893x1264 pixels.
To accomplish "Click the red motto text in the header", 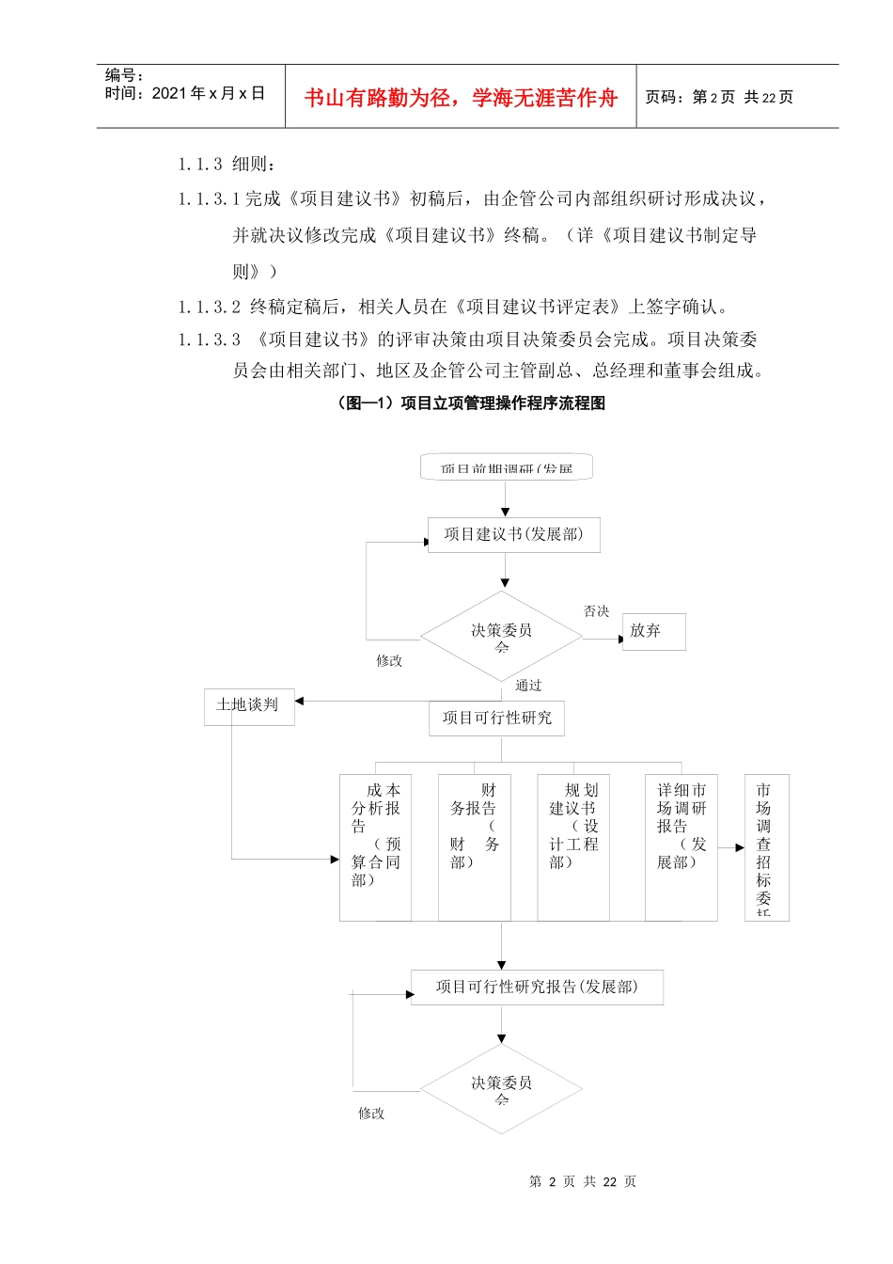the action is coord(461,98).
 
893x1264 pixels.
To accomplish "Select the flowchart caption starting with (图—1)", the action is coord(470,403).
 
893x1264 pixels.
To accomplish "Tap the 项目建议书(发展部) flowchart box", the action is coord(513,535).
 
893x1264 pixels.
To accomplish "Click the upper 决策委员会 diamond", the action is coord(501,637).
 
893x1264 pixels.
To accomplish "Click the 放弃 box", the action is coord(653,631).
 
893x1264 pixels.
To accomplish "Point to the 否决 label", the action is coord(597,611).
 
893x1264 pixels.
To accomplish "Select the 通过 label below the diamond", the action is coord(528,686).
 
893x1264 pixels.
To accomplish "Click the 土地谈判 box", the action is coord(248,706).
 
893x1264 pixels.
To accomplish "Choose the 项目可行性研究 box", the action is coord(497,719).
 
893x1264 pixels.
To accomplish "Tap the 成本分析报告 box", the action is coord(375,846).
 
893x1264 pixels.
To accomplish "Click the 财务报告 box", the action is coord(474,846).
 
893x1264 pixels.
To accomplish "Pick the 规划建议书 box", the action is coord(573,846).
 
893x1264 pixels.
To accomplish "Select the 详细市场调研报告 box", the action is coord(681,846).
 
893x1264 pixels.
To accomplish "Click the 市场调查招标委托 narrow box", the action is coord(766,846).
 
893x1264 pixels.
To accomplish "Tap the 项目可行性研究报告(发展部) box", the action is coord(537,987).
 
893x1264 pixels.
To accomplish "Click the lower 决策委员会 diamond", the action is coord(501,1089).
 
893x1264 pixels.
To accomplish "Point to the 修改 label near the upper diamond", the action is coord(389,661).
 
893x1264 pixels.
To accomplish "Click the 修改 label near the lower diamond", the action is coord(371,1114).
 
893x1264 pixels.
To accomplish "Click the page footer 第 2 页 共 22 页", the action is coord(583,1182).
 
